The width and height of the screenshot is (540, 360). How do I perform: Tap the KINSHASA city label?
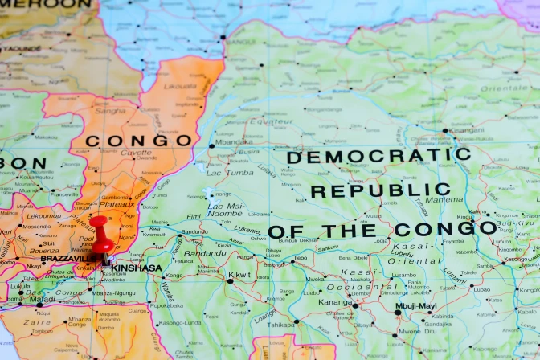pos(137,268)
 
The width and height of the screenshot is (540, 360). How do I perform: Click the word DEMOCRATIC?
pos(378,156)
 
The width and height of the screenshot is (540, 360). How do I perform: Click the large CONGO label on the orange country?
pos(138,141)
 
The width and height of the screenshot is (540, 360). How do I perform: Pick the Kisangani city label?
pos(467,129)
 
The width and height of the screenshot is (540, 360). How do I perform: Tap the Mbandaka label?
pos(234,142)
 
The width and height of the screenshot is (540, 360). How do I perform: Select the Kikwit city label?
pos(239,275)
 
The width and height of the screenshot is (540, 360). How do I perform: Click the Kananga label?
pos(335,303)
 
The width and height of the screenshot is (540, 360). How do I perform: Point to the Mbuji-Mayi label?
pos(415,305)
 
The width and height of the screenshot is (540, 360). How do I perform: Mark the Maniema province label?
pos(444,199)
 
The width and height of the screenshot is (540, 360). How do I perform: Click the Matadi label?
pos(42,299)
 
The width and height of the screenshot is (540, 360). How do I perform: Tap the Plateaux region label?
pos(117,205)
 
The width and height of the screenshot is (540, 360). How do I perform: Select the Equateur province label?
pos(271,122)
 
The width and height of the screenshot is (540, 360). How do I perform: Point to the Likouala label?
pos(179,85)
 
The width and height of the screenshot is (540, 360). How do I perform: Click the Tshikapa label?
pos(281,325)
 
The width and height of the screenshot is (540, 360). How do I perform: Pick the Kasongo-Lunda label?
pos(174,322)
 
